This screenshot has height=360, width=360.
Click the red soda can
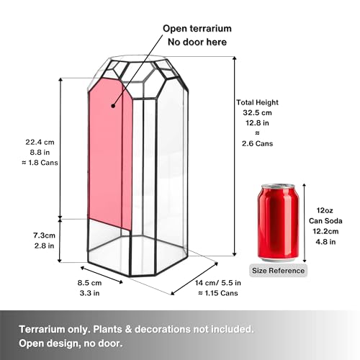coord(279,222)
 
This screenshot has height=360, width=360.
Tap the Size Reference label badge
coord(278,271)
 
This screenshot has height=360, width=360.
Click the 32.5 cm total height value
coord(257,112)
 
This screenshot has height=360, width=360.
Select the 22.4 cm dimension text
coord(40,142)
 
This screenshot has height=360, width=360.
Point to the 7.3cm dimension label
coord(44,235)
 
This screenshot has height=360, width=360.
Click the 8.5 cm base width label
coord(89,283)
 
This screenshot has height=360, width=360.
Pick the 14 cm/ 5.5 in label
coord(218,283)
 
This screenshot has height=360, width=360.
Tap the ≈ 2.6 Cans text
coord(257,138)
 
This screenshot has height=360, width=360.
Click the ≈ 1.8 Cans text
coord(40,163)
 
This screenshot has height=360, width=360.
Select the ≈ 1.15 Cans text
coord(218,293)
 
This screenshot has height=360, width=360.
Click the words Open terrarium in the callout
coord(197,28)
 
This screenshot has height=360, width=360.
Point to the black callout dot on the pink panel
coord(113,106)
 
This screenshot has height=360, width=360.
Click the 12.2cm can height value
coord(325,231)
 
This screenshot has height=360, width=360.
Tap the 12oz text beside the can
coord(325,210)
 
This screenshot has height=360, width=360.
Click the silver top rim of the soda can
coord(278,186)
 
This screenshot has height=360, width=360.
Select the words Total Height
coord(257,102)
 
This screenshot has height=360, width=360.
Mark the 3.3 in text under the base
coord(89,293)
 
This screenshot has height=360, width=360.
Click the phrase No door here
coord(197,42)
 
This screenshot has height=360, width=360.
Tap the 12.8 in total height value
coord(257,123)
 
